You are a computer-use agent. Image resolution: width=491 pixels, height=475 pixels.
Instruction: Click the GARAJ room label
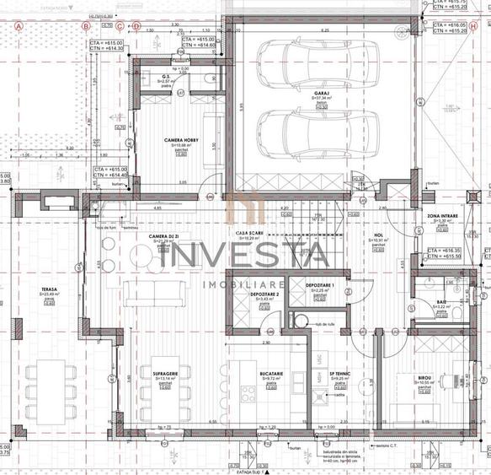pos(299,92)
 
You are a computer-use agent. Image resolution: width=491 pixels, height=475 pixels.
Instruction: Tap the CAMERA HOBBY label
pos(181,141)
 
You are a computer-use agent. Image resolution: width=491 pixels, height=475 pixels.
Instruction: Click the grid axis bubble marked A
pos(17,26)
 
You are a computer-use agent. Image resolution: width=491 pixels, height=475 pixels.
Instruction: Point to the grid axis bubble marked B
pos(85,26)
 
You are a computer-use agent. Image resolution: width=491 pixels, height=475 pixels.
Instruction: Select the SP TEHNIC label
pos(339,375)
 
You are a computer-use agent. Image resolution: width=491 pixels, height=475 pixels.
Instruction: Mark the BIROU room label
pos(424,378)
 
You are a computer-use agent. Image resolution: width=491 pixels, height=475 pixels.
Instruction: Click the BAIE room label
pos(442,301)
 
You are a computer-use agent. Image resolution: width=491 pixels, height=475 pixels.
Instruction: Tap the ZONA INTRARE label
pos(443,216)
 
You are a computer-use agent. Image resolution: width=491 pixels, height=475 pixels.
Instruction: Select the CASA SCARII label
pos(251,234)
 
